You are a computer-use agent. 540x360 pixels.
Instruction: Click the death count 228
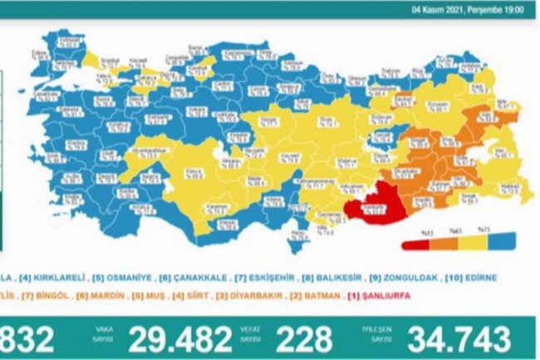(x=306, y=339)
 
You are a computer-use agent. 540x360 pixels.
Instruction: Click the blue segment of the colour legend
(x=498, y=242)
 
